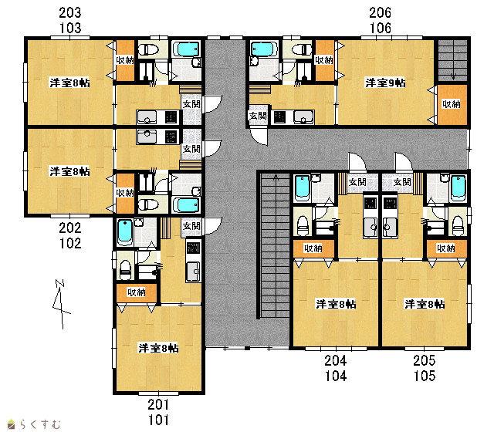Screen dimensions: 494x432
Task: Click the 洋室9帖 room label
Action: point(385,83)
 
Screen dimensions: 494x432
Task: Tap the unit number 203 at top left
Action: point(70,12)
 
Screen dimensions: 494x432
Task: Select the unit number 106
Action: point(381,28)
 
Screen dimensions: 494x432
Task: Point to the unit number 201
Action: point(158,404)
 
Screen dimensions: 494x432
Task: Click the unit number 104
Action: point(336,376)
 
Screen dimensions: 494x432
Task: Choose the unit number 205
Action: point(425,360)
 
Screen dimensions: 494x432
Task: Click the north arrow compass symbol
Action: point(60,304)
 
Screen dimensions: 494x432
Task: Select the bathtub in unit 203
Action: point(187,49)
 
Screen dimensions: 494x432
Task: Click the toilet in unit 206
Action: point(302,49)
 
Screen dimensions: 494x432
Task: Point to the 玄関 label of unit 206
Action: point(258,116)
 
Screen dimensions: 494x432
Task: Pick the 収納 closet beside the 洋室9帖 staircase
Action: point(452,104)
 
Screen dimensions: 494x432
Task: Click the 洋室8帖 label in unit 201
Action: point(158,348)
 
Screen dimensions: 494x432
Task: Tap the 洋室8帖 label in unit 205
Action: point(425,304)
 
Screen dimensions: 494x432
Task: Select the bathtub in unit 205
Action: point(458,188)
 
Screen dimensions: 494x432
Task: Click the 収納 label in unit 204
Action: point(313,248)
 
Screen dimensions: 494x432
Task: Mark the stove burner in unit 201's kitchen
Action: point(193,248)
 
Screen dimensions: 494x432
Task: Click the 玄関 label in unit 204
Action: point(357,182)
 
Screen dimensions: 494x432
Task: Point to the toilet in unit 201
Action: point(125,269)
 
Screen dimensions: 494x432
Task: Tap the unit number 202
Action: point(70,228)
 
